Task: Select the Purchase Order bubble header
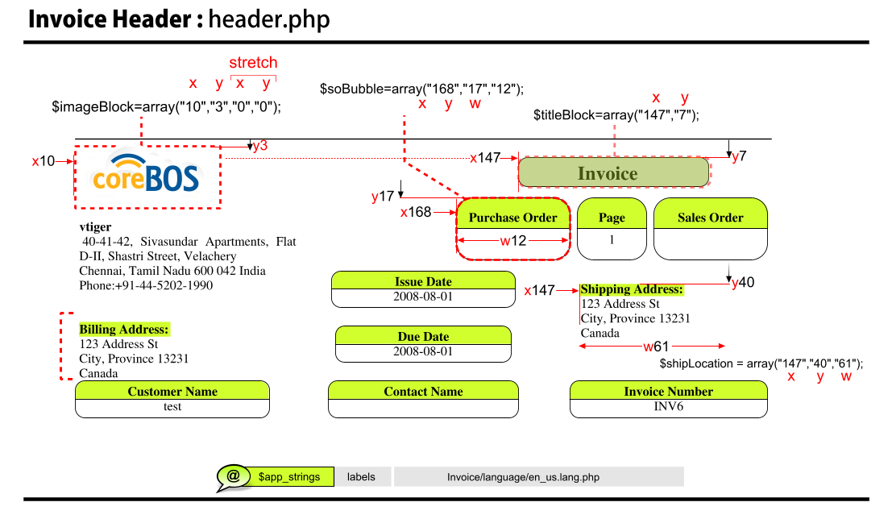click(512, 218)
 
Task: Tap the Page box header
click(612, 218)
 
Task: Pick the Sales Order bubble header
click(710, 218)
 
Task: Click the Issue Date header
click(423, 281)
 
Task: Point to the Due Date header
click(423, 336)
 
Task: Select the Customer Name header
click(172, 392)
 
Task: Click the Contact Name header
click(423, 392)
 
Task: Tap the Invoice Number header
click(668, 392)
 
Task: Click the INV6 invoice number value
click(668, 407)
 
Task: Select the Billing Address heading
click(124, 330)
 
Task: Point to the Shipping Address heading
click(632, 289)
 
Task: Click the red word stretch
click(253, 63)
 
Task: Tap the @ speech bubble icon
click(233, 476)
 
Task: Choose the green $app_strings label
click(289, 477)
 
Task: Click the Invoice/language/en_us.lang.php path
click(523, 477)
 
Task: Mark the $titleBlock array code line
click(616, 115)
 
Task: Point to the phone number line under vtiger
click(146, 285)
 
